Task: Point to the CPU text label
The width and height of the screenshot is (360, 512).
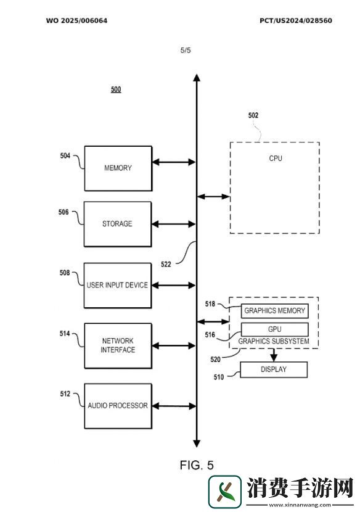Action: (276, 159)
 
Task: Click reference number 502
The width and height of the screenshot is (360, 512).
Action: (253, 115)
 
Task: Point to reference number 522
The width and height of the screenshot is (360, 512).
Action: (166, 265)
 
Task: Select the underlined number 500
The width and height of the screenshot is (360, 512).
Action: (116, 89)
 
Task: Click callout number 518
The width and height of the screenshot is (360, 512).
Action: (210, 304)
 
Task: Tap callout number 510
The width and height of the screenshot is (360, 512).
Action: (219, 377)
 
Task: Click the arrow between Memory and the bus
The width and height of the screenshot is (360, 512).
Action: (174, 162)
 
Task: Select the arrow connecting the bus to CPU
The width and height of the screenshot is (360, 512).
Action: (214, 197)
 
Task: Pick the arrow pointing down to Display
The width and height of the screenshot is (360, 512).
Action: (274, 355)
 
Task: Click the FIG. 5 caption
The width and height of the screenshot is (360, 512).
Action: (197, 465)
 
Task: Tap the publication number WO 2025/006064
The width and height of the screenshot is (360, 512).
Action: (76, 20)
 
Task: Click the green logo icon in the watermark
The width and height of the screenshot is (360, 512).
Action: (225, 492)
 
